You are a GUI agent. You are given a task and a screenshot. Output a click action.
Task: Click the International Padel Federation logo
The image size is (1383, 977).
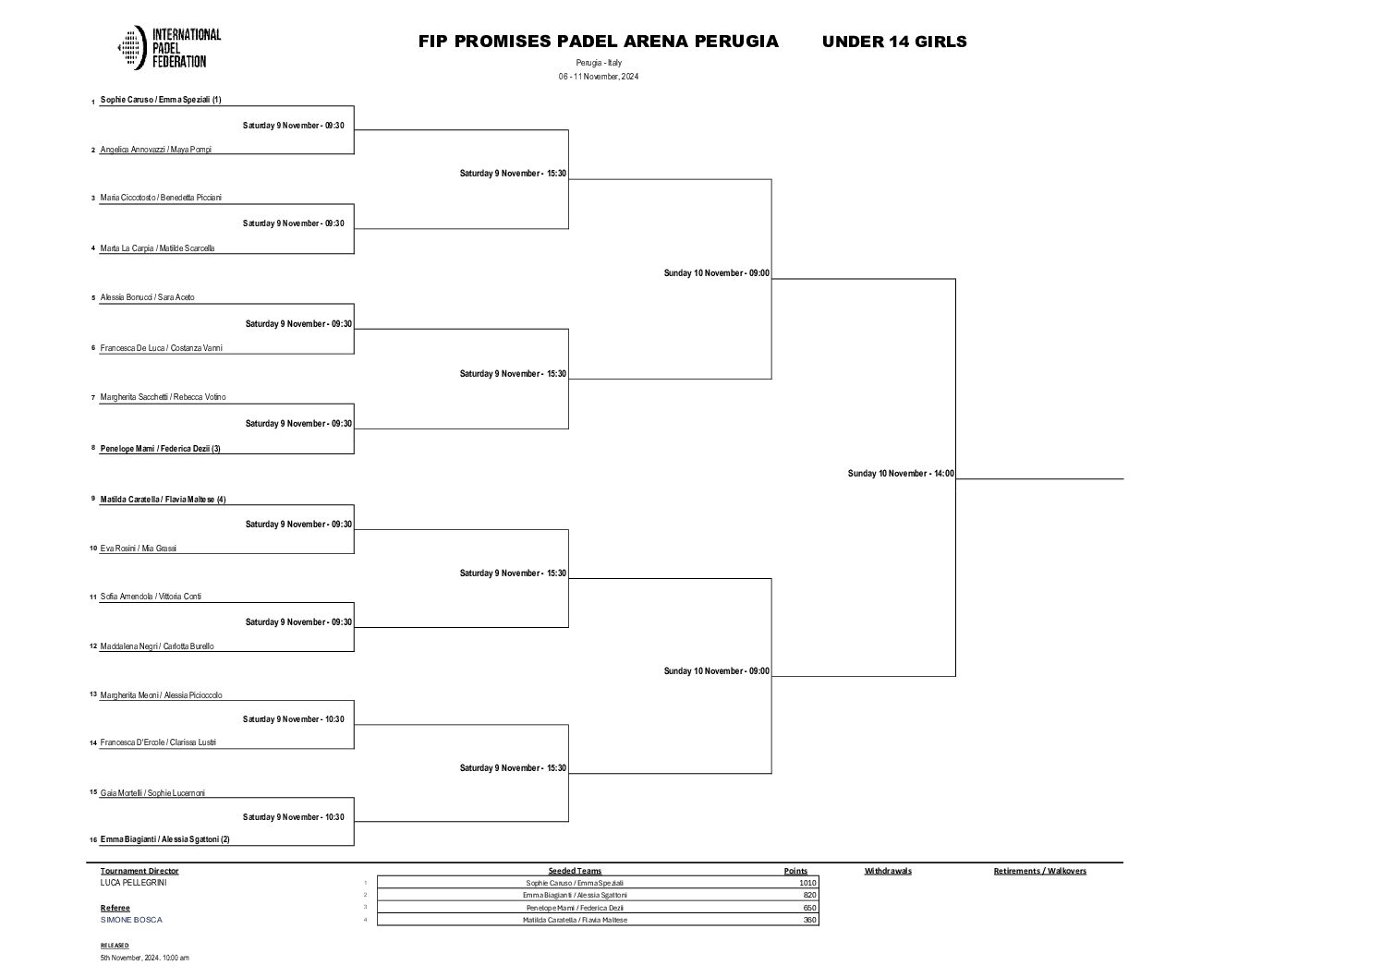point(169,48)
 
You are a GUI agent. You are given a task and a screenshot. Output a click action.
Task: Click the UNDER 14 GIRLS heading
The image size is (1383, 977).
point(893,42)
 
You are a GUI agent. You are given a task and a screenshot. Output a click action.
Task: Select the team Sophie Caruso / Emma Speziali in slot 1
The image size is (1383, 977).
point(160,100)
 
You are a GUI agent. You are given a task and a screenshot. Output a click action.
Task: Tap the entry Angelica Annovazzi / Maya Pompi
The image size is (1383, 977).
point(155,150)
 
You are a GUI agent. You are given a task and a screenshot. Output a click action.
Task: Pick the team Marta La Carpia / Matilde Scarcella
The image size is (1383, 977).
point(157,248)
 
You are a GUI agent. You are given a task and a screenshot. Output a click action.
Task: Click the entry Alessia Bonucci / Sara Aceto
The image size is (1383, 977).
point(147,298)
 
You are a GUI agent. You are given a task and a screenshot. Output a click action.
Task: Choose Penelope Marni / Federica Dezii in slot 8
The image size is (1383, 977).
point(160,449)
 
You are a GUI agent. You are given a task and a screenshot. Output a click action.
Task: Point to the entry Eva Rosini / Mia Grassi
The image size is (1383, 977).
point(138,549)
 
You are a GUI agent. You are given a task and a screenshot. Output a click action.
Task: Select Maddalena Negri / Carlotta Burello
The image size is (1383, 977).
point(156,646)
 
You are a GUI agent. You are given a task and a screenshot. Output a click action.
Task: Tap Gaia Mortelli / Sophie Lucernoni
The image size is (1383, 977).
point(152,793)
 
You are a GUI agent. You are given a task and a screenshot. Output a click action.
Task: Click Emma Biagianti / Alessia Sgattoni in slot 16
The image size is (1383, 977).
point(164,839)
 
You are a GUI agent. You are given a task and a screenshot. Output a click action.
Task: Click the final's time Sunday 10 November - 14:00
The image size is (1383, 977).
point(901,474)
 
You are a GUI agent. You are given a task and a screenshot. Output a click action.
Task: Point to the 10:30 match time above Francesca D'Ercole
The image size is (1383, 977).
point(293,719)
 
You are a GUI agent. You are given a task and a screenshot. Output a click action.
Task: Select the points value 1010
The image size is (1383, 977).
point(807,883)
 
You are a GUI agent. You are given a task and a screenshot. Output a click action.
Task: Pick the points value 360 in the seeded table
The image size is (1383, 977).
point(809,920)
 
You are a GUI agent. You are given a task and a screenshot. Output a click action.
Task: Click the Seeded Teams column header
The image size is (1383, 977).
point(575,871)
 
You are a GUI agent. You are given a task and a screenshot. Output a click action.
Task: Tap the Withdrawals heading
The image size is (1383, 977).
point(888,871)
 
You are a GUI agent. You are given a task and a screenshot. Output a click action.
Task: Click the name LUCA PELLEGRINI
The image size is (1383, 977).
point(134,883)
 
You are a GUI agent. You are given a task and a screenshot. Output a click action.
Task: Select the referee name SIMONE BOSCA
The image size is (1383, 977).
point(131,920)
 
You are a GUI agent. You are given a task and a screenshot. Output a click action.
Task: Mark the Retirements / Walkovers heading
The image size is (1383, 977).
point(1039,871)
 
